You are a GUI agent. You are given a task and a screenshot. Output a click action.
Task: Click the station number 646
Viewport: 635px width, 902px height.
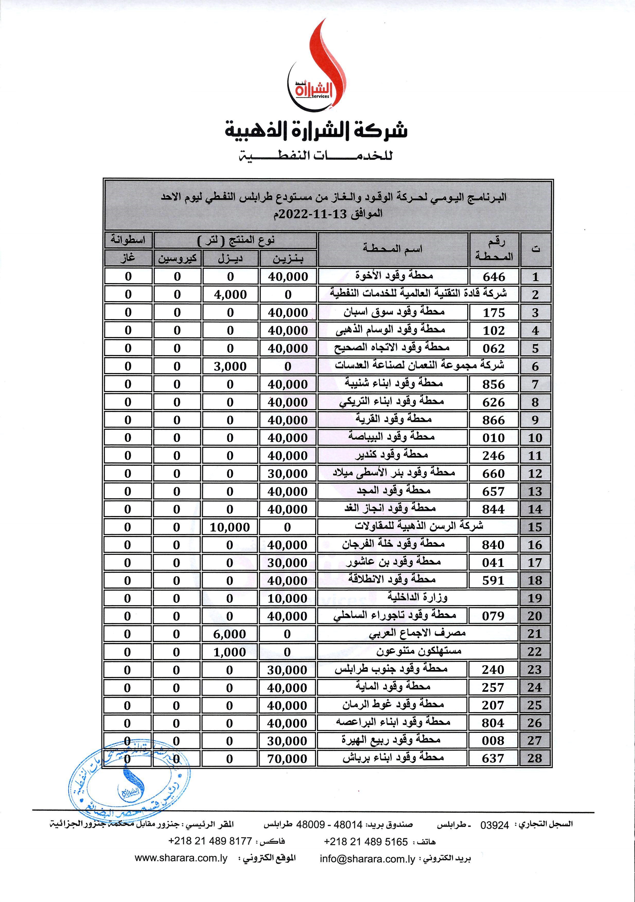pos(494,277)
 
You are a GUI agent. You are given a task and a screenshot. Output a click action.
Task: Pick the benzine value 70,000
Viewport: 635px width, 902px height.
pos(287,759)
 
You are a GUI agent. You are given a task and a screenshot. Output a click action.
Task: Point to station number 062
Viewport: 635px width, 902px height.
pos(494,348)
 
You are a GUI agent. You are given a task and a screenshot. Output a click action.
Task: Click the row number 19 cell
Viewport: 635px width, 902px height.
pos(535,598)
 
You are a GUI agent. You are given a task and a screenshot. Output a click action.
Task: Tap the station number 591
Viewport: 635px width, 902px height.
pos(493,580)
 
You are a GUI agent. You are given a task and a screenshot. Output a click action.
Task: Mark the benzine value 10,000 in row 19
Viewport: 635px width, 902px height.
pos(287,599)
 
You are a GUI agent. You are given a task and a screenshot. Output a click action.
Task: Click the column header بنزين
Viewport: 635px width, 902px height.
pos(288,258)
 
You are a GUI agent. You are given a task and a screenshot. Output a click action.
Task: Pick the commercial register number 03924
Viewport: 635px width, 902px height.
pos(495,825)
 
